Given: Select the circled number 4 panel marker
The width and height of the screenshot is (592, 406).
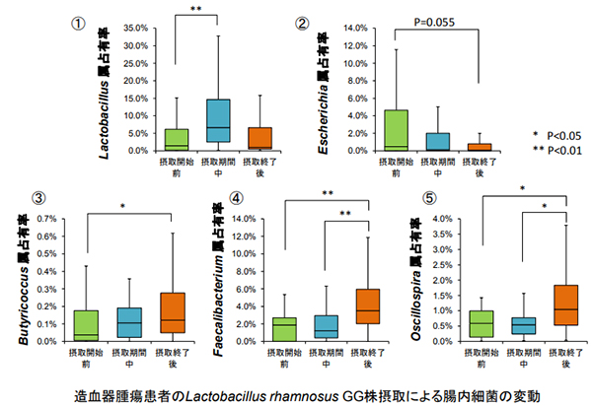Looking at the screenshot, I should pyautogui.click(x=236, y=199).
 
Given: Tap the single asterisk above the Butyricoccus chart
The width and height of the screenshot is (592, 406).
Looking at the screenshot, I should pyautogui.click(x=121, y=206).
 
